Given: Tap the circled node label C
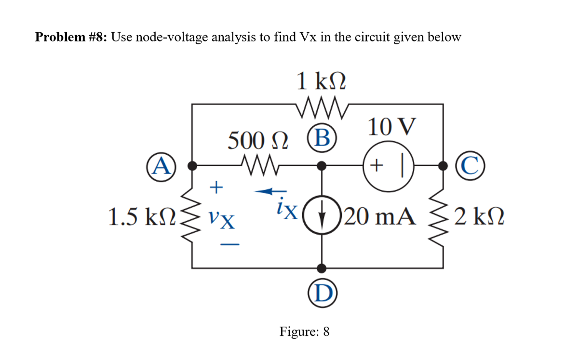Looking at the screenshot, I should (x=466, y=166).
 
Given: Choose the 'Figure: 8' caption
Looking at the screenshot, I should (x=304, y=332).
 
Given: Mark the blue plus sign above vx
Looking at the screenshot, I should (x=218, y=186).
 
